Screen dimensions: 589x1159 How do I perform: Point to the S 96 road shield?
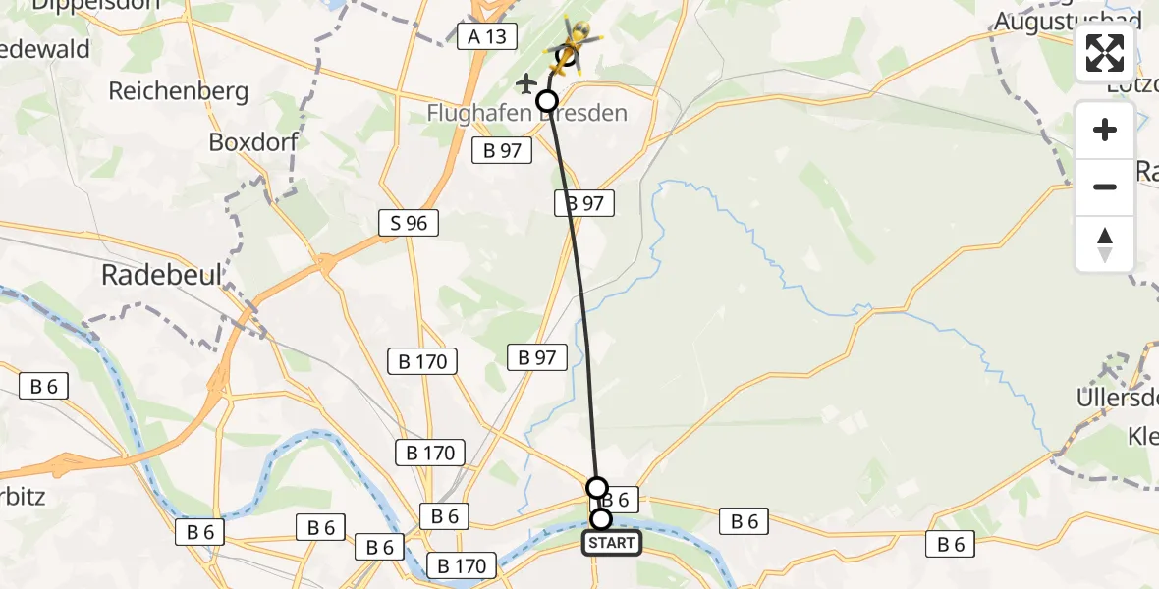tap(409, 223)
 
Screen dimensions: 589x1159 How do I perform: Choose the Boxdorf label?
tap(252, 141)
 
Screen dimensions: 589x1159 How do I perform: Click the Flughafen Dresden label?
tap(526, 113)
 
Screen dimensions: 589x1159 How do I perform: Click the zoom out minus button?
tap(1105, 187)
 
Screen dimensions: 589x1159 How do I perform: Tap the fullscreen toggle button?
tap(1105, 53)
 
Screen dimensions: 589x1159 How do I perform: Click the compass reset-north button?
tap(1105, 244)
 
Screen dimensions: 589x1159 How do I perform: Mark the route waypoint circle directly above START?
tap(596, 487)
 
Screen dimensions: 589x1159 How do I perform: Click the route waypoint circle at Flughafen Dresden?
tap(546, 100)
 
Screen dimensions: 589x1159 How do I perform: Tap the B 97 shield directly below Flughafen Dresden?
tap(502, 150)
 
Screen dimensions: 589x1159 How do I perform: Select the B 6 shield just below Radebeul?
tap(43, 387)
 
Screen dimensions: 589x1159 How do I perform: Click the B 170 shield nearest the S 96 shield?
tap(422, 361)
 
